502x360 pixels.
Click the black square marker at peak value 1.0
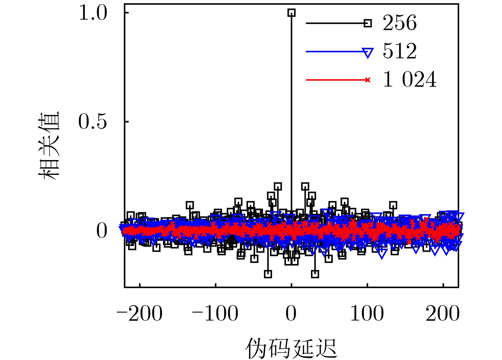291,13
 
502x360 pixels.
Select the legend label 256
400,23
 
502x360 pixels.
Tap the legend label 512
400,52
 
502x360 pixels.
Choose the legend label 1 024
410,80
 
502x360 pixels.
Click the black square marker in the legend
368,23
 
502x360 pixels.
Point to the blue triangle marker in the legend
368,53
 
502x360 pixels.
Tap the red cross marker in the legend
368,80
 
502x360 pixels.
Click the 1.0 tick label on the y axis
93,13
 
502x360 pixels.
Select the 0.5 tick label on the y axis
93,122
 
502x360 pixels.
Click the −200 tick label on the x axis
140,314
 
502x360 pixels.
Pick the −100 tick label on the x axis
215,314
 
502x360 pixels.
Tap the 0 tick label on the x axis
291,314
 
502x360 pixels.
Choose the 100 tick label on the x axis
367,314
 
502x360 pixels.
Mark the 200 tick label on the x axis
443,314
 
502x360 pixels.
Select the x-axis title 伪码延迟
291,348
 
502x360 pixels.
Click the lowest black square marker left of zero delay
268,274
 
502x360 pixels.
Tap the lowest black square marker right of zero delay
315,274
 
